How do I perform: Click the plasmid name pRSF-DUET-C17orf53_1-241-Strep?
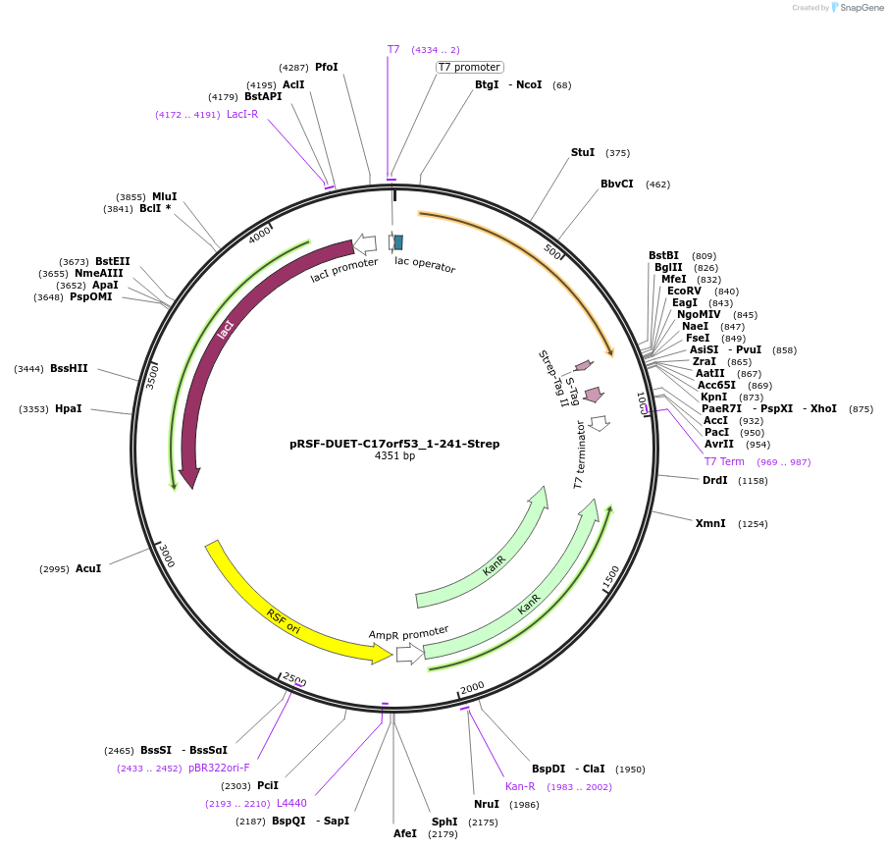coord(394,444)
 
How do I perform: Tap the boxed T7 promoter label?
coord(469,67)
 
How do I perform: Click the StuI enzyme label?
coord(583,153)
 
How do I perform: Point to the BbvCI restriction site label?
coord(617,185)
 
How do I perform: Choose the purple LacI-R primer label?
coord(242,114)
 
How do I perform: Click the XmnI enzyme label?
coord(710,523)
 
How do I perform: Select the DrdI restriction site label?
coord(715,480)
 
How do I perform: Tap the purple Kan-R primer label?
coord(520,786)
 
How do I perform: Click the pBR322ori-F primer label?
coord(219,769)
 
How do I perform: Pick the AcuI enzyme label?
coord(88,568)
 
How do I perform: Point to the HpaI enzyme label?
coord(69,408)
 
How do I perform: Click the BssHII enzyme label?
coord(69,369)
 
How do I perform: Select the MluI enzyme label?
coord(165,196)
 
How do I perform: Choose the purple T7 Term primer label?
coord(724,461)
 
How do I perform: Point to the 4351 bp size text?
coord(394,456)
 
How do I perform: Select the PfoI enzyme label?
coord(327,68)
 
